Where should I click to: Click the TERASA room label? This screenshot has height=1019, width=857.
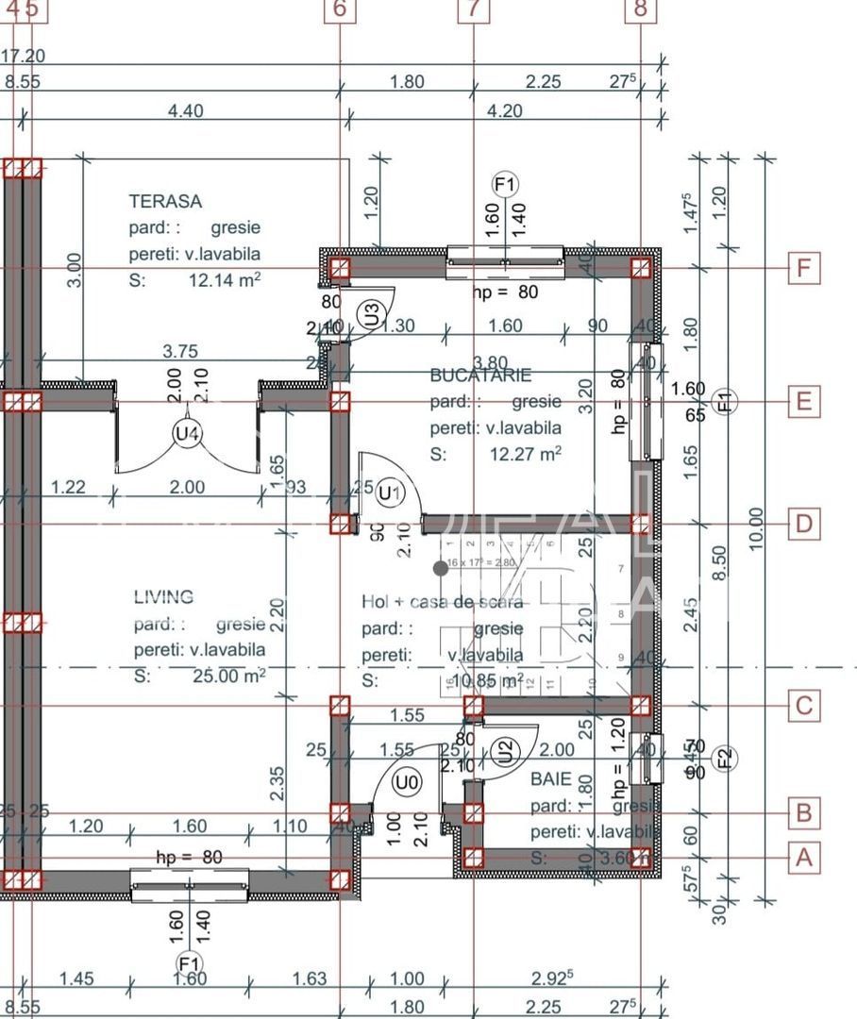(x=165, y=201)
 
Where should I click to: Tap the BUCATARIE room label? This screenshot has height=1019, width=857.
(x=480, y=375)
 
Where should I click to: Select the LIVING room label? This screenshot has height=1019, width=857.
(x=163, y=596)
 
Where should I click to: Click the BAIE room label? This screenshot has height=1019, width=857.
(x=550, y=779)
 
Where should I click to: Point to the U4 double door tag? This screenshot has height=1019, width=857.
(x=188, y=434)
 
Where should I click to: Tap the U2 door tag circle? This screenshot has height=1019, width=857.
(x=506, y=751)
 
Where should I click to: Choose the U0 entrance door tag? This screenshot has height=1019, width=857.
(x=407, y=782)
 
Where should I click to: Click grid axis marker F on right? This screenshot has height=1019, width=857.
(x=803, y=269)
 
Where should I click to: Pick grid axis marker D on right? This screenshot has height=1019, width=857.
(x=803, y=524)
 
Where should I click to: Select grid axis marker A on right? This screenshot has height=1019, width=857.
(x=803, y=858)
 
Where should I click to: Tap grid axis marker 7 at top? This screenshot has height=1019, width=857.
(x=474, y=8)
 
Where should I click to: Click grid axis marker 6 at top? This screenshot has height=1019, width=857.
(x=340, y=8)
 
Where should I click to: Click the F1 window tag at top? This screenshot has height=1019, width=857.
(x=506, y=184)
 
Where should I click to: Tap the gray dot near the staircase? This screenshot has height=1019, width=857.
(x=441, y=568)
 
